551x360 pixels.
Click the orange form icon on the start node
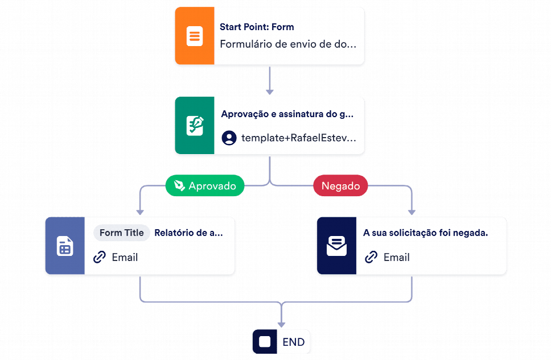click(x=195, y=36)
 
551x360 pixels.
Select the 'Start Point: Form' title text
click(x=257, y=27)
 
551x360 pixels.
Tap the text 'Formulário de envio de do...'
click(x=288, y=44)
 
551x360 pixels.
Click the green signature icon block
click(x=195, y=125)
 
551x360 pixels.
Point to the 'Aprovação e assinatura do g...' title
click(x=287, y=114)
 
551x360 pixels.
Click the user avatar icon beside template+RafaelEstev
click(x=229, y=138)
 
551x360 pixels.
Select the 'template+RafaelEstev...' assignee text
click(x=299, y=138)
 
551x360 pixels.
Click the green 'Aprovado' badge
click(x=205, y=185)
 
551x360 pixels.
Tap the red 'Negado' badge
click(x=340, y=185)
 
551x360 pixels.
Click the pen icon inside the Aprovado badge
click(x=179, y=185)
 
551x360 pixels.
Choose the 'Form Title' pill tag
click(x=122, y=233)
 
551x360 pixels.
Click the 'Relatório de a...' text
click(x=189, y=233)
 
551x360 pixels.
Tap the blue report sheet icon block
click(x=65, y=246)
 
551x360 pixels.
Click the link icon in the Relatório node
click(x=100, y=257)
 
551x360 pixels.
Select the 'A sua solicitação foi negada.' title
click(x=426, y=233)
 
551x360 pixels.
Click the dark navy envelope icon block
click(x=336, y=246)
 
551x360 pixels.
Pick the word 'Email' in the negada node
click(x=397, y=258)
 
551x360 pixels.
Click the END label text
click(x=293, y=342)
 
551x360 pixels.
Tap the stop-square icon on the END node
click(x=265, y=342)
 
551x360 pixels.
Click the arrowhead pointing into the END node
click(x=281, y=325)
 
